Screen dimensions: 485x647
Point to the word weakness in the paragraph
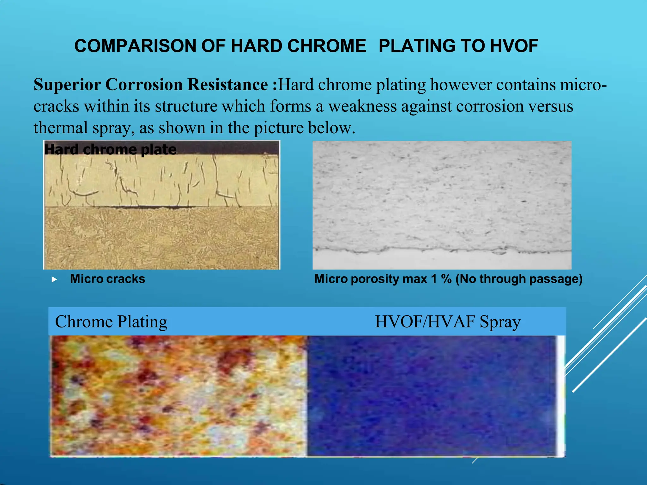tap(362, 106)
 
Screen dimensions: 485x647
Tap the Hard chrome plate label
tap(110, 149)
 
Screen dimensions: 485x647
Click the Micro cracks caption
tap(107, 279)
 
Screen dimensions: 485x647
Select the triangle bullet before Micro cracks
tap(54, 279)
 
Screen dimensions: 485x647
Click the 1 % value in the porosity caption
tap(441, 279)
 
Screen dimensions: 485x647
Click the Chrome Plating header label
tap(111, 322)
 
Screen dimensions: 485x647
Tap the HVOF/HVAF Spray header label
tap(448, 322)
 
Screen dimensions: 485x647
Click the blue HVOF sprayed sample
tap(431, 396)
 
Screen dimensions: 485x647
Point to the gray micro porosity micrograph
tap(442, 196)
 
